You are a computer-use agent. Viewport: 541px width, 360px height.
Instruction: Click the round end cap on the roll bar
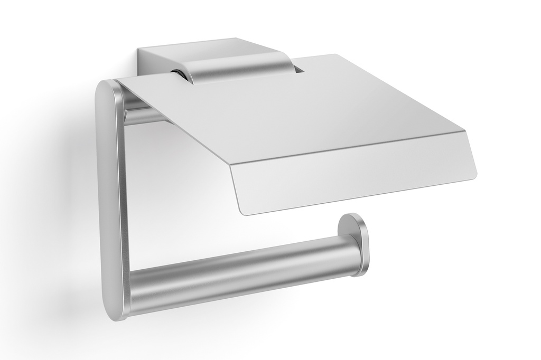coord(355,244)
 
